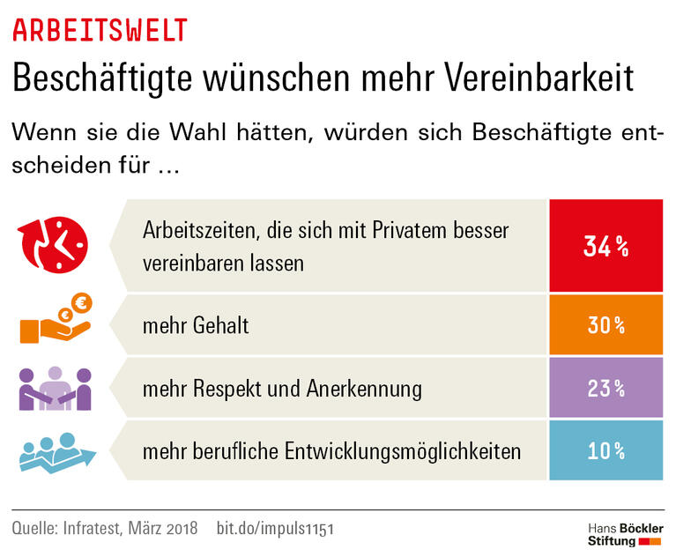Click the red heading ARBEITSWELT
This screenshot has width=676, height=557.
pyautogui.click(x=100, y=29)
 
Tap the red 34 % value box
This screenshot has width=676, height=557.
pyautogui.click(x=606, y=247)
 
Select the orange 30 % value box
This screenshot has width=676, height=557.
pyautogui.click(x=606, y=325)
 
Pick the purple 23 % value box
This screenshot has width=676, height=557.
pyautogui.click(x=606, y=388)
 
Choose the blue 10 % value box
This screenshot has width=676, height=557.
pyautogui.click(x=606, y=451)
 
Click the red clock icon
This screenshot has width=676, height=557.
pyautogui.click(x=52, y=244)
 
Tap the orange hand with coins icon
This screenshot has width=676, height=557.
pyautogui.click(x=56, y=322)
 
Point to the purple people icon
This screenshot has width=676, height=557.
pyautogui.click(x=55, y=388)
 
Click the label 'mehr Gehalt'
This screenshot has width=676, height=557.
pyautogui.click(x=196, y=326)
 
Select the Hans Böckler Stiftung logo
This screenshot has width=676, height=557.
pyautogui.click(x=626, y=534)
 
